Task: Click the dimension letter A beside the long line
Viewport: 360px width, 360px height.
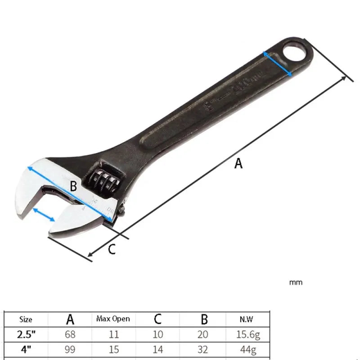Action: pos(238,164)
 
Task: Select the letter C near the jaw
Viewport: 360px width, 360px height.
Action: pos(112,248)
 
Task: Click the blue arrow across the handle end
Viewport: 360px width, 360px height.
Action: pos(278,63)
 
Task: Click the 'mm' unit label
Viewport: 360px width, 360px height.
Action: pos(296,283)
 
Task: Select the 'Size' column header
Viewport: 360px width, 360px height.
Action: pos(26,319)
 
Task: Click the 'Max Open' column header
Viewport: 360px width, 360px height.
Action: pos(113,319)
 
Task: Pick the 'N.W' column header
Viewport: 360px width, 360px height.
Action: pos(246,319)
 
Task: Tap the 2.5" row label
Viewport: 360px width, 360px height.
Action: pos(26,335)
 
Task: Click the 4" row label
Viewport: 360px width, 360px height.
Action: pos(26,349)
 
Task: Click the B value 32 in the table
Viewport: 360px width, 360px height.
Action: pos(203,349)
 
